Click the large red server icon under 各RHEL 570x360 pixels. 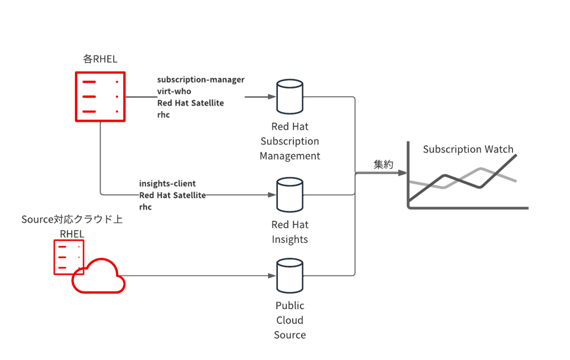[x=100, y=97]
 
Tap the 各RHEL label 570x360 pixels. [x=100, y=59]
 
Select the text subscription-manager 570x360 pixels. [x=201, y=80]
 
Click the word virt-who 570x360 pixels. [x=174, y=91]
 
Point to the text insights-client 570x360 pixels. [x=167, y=183]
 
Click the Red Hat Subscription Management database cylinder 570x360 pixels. [x=290, y=97]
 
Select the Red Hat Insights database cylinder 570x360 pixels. [x=290, y=195]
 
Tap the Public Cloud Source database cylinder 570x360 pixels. [x=290, y=276]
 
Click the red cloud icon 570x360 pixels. [x=98, y=276]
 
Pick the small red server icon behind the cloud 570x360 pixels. [x=69, y=257]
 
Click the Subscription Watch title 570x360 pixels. [x=468, y=149]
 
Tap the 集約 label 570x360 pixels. [x=383, y=164]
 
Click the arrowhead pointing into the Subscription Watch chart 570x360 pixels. [x=402, y=173]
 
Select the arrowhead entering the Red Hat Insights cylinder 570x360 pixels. [x=272, y=195]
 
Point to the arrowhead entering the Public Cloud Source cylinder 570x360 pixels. [x=272, y=276]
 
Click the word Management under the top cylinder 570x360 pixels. [x=290, y=156]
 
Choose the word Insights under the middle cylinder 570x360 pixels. [x=290, y=239]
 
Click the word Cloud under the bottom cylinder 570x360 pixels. [x=290, y=320]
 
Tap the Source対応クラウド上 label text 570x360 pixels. [x=72, y=219]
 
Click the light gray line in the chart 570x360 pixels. [x=463, y=178]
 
